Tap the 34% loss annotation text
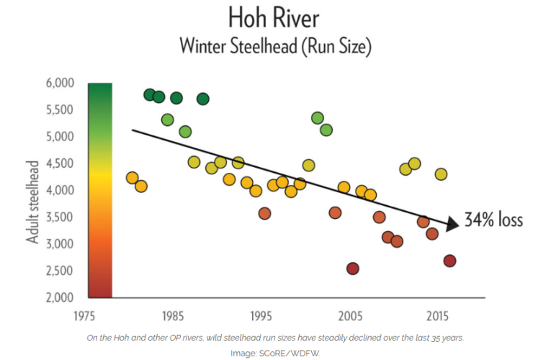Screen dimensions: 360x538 (494, 220)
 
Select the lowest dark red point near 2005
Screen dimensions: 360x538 (352, 269)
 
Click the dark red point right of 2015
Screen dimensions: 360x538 (449, 261)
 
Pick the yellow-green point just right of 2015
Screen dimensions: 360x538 (441, 174)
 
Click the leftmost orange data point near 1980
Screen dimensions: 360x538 (132, 178)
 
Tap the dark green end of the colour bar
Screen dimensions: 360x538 (100, 89)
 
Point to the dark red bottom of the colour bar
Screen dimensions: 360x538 (100, 290)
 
